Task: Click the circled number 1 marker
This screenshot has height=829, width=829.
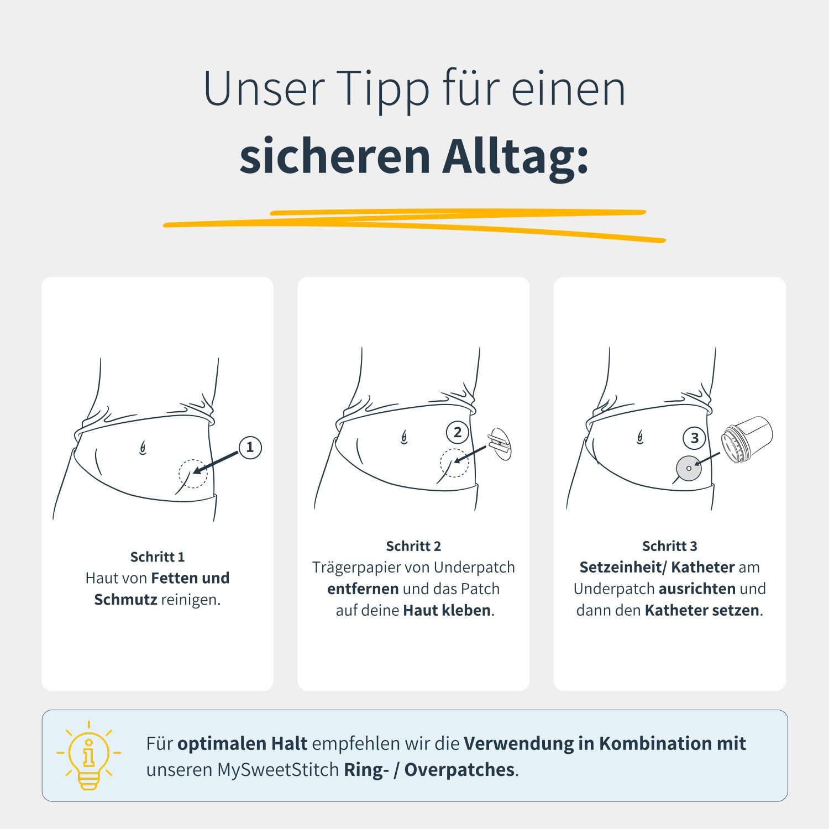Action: coord(250,447)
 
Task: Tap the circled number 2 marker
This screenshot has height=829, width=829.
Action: coord(458,433)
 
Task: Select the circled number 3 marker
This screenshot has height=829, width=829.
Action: coord(695,438)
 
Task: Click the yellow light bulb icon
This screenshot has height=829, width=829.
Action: coord(88,755)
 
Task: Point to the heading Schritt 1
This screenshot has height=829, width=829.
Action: coord(158,557)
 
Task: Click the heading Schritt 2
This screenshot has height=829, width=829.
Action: coord(413,546)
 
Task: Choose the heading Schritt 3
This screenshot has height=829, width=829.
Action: coord(669,546)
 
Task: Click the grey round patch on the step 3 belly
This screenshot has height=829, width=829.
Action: coord(689,469)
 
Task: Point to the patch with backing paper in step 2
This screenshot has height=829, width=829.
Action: coord(500,444)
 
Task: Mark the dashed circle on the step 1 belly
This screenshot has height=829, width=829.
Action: coord(193,474)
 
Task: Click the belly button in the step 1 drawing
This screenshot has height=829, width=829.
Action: coord(143,448)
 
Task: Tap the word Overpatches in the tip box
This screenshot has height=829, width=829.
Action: coord(460,770)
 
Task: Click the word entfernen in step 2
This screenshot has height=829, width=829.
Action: coord(363,589)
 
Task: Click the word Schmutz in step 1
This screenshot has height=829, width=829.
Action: coord(125,600)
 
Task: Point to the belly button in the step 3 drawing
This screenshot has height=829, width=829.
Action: coord(640,438)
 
